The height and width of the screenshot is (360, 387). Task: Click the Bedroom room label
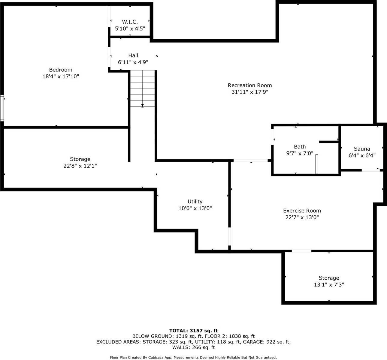coord(61,70)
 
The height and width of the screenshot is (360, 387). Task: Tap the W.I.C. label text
coord(130,22)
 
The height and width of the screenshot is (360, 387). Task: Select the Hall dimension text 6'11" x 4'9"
coord(133,62)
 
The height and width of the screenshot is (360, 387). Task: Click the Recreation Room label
coord(250,85)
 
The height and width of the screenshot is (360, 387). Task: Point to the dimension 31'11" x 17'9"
coord(250,92)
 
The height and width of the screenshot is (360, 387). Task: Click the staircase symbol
coord(143,88)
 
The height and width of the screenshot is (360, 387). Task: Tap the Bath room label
coord(300,147)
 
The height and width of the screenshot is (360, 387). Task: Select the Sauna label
coord(362,149)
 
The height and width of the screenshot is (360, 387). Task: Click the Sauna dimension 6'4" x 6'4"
coord(362,155)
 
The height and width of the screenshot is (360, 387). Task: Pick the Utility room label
coord(195,202)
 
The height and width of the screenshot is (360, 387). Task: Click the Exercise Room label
coord(302,211)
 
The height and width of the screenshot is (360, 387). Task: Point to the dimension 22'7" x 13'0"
coord(302,217)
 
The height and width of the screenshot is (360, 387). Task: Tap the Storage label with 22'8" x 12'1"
coord(80,159)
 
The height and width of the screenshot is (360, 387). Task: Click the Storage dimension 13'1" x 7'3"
coord(329,285)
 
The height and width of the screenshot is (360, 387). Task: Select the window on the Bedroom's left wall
coord(2,108)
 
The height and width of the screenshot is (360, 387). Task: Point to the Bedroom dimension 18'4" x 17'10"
coord(61,76)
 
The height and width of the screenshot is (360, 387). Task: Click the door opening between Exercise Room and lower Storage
coord(301,251)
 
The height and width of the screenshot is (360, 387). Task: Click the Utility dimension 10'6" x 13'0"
coord(195,208)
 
